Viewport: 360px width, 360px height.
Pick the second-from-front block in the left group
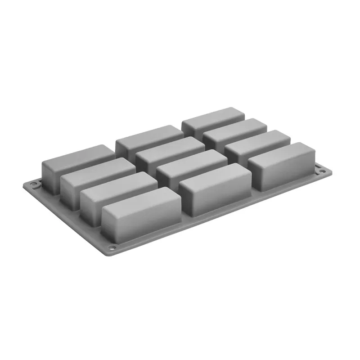coord(119,184)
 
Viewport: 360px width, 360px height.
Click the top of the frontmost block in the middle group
coord(215,173)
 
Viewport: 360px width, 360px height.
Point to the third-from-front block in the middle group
coord(170,145)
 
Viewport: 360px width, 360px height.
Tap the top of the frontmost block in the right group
coord(281,151)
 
